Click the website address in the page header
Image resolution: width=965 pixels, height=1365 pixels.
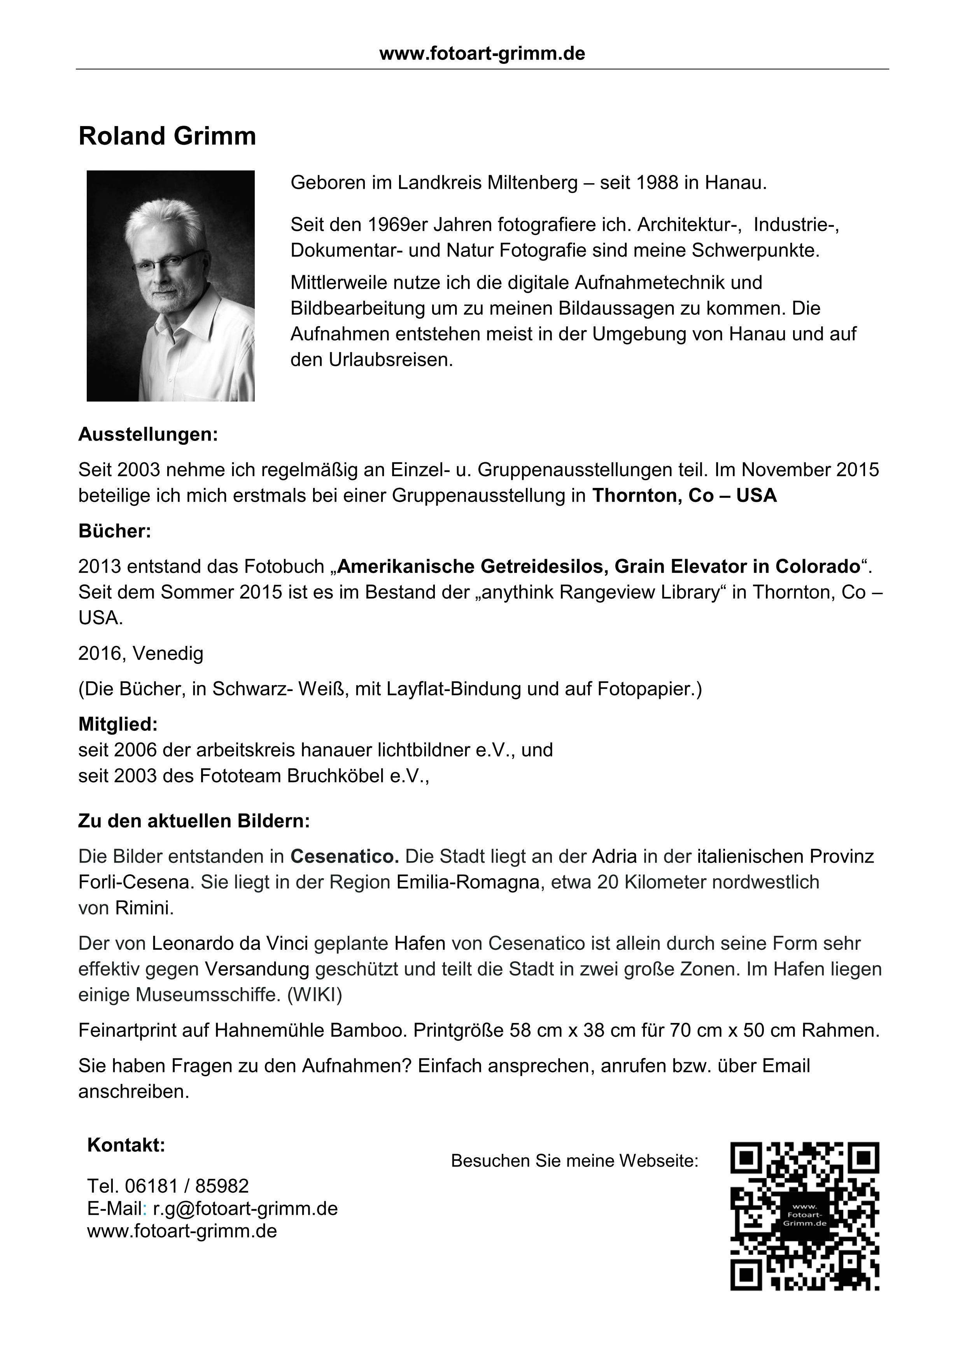[482, 54]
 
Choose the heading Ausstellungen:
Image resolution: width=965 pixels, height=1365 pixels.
[148, 435]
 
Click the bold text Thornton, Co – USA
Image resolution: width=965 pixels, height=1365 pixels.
[684, 496]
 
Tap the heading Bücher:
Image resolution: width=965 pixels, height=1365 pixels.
[115, 531]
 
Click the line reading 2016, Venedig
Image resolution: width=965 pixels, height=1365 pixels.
[141, 653]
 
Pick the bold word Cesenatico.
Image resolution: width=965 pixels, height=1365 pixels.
[345, 857]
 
